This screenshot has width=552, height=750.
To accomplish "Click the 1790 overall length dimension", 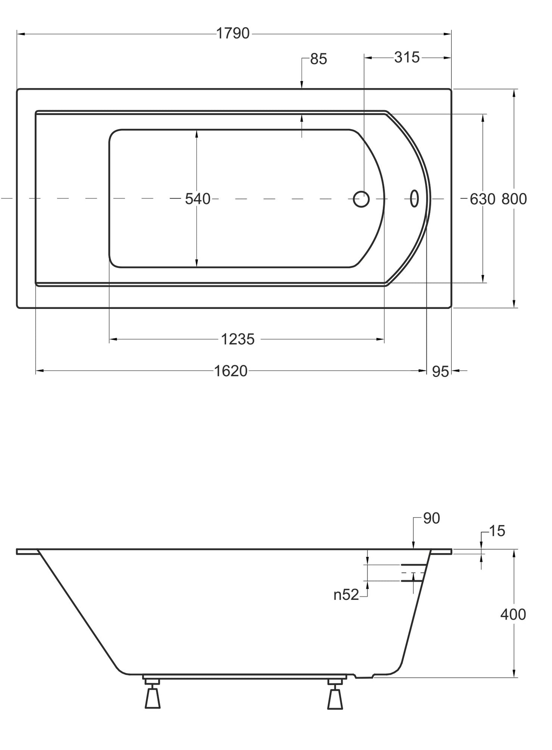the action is click(233, 34).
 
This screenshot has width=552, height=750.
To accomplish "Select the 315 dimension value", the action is click(407, 57).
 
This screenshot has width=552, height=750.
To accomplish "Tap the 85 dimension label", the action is click(319, 59).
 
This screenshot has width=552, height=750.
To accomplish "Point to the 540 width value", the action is click(197, 199).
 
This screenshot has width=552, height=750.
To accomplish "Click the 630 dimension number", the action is click(482, 199).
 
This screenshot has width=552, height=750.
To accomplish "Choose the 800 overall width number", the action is click(514, 199).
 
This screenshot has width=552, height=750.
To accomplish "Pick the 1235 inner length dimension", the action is click(238, 339).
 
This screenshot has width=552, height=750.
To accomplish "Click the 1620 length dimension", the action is click(230, 371).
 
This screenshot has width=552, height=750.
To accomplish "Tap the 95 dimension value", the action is click(440, 372).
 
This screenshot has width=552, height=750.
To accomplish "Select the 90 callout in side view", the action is click(432, 518).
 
